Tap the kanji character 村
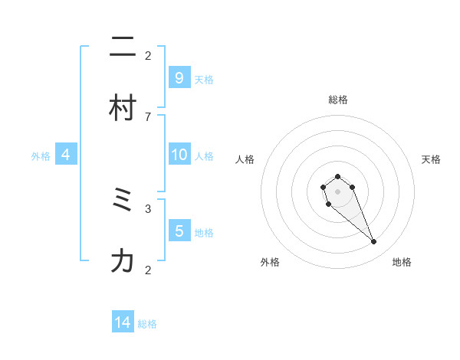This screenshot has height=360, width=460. (123, 109)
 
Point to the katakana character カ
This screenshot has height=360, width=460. (123, 262)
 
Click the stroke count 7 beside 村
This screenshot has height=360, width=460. (148, 116)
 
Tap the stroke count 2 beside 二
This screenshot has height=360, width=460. (148, 55)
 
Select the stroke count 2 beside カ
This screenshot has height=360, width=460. (148, 270)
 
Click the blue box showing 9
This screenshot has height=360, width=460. (179, 77)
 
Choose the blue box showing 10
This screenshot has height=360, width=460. (179, 155)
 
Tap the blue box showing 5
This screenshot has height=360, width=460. (179, 231)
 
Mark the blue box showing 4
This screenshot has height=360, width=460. (66, 155)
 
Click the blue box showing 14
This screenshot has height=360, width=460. (123, 322)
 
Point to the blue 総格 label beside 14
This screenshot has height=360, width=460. (147, 324)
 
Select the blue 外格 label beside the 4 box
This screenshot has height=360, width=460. (41, 156)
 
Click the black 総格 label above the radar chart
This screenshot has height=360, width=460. (338, 100)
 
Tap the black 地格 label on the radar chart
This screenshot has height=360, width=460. (402, 263)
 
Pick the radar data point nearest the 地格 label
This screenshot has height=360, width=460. (373, 242)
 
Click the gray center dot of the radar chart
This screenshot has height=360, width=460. (337, 191)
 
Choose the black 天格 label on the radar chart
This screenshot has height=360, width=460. (431, 159)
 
